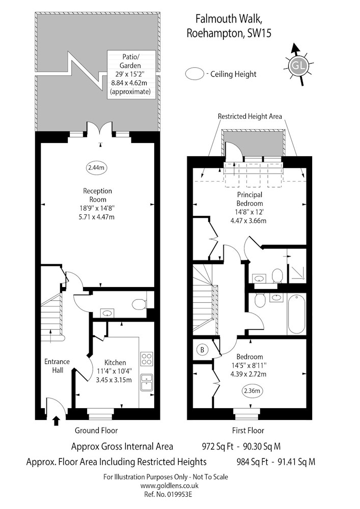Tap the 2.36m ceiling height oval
click(x=252, y=391)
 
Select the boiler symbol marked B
click(x=202, y=350)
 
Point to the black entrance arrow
click(x=57, y=421)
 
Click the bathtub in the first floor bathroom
click(x=297, y=314)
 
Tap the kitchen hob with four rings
click(x=147, y=358)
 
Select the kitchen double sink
click(x=147, y=382)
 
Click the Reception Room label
click(x=97, y=195)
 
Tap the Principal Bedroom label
click(x=250, y=199)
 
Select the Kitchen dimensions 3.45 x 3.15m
click(x=115, y=380)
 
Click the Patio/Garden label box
click(x=131, y=75)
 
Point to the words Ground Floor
click(x=96, y=431)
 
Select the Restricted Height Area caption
click(x=250, y=116)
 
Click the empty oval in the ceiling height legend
click(x=195, y=74)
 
